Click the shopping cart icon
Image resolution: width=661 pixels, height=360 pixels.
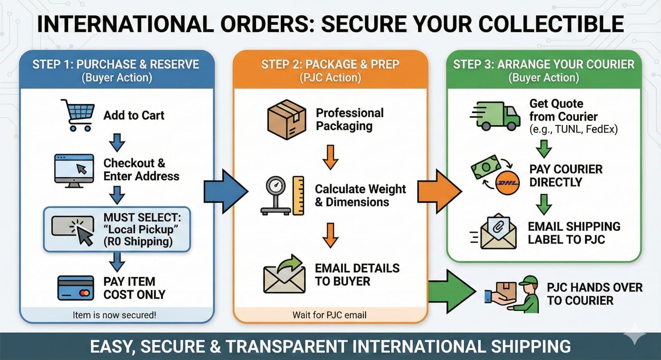coord(78,115)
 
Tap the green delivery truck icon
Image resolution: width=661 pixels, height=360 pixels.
coord(495,116)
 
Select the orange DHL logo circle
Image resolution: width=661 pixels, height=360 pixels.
coord(507,183)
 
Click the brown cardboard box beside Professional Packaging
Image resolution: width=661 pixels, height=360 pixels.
coord(286,119)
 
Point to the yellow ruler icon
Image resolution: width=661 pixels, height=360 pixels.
coord(298,195)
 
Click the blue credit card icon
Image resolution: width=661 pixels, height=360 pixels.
coord(76,288)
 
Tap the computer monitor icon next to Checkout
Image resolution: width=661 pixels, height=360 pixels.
coord(74,171)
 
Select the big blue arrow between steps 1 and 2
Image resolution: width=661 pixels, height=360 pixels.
coord(226,191)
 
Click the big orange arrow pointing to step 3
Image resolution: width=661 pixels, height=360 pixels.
coord(440,191)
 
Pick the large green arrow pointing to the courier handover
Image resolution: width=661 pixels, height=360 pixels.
coord(452,291)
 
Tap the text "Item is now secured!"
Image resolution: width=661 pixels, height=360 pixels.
coord(114,315)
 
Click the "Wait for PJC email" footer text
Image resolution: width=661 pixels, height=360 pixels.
coord(329,315)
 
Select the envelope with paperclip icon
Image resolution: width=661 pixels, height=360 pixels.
coord(498,232)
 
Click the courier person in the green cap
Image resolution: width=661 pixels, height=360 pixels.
coord(528,294)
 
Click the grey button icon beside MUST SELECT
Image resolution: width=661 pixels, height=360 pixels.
coord(73,226)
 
